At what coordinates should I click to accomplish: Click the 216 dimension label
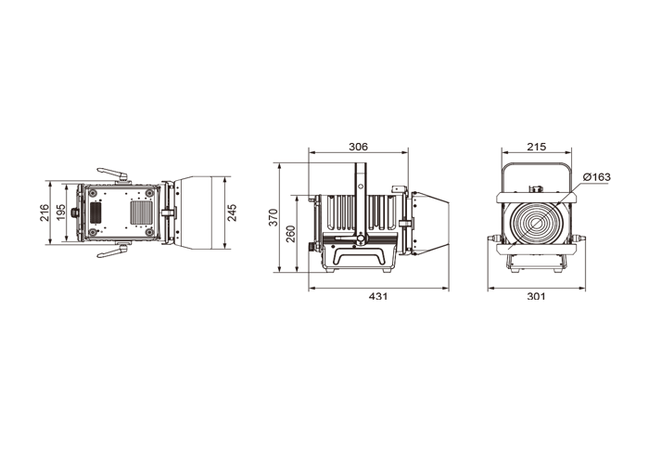point(45,213)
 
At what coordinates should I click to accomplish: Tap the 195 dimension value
point(61,213)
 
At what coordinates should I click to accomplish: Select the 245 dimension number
point(233,213)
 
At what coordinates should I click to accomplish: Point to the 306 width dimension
point(358,147)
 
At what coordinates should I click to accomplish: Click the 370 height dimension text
point(274,217)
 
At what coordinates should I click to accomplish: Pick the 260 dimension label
point(291,234)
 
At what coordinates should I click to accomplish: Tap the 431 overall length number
point(378,296)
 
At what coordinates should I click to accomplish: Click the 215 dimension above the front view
point(537,147)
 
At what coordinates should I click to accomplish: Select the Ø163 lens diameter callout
point(596,177)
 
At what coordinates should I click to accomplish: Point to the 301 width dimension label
point(536,296)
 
